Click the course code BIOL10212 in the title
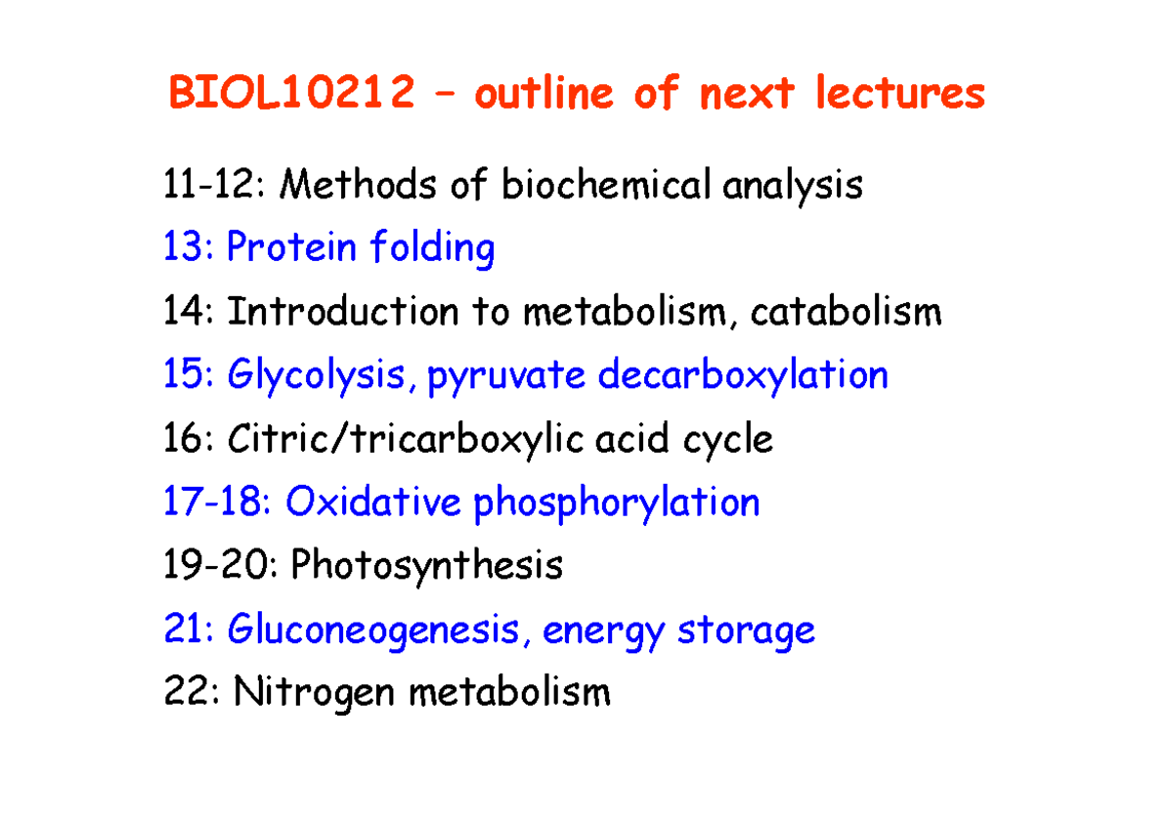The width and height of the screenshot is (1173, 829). (x=290, y=95)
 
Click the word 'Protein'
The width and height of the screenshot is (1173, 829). (x=290, y=248)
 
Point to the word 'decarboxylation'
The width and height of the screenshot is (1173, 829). (x=743, y=376)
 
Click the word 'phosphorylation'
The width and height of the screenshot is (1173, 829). (x=616, y=504)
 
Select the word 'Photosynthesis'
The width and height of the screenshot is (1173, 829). (x=427, y=566)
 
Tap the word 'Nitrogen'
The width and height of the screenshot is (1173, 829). (x=313, y=694)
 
